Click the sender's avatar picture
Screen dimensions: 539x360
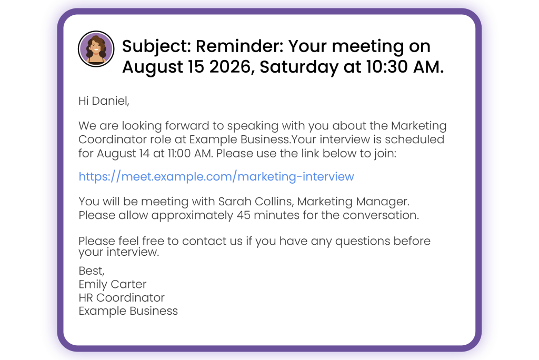tap(96, 48)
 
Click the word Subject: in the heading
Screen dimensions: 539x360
tap(156, 47)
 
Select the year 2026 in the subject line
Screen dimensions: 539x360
tap(232, 67)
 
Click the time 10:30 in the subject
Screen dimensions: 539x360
tap(387, 67)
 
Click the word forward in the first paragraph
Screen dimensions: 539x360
tap(187, 125)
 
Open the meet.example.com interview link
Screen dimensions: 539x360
tap(216, 176)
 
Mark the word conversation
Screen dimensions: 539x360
tap(381, 215)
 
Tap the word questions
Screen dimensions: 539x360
tap(363, 242)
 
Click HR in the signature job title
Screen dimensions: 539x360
tap(86, 298)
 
